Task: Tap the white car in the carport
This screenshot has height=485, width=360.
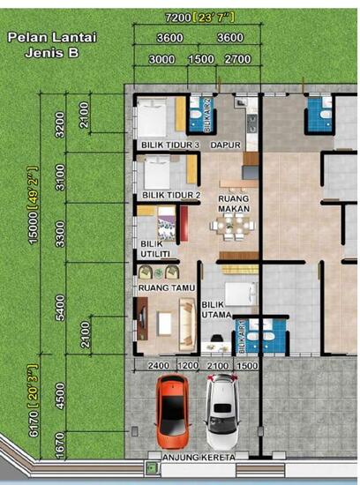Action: click(222, 410)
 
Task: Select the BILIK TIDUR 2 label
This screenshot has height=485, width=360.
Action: click(172, 195)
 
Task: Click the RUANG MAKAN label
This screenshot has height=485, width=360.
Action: click(233, 205)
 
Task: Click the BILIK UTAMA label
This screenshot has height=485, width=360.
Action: click(216, 310)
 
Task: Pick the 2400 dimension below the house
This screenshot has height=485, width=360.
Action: click(158, 364)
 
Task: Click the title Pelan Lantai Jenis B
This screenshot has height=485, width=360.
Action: click(52, 45)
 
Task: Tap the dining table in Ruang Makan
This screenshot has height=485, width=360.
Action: click(232, 228)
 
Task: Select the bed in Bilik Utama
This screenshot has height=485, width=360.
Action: click(239, 293)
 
